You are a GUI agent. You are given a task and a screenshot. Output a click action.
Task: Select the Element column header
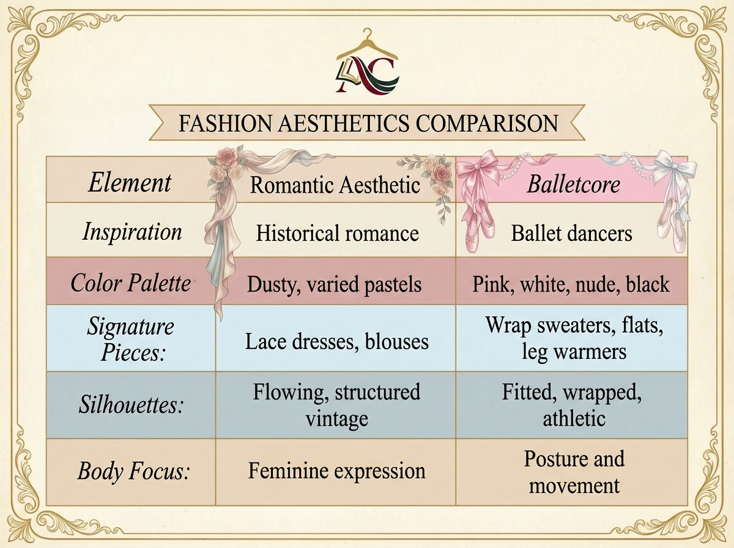point(130,183)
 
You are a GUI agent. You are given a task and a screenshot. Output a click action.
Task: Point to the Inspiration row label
point(132,232)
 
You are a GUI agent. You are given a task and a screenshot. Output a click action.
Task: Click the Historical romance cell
point(337,233)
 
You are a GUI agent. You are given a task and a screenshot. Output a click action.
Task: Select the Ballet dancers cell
point(571,233)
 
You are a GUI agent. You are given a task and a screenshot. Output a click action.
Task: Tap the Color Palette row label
point(131,283)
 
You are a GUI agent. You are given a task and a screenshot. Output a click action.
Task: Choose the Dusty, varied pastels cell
point(335,284)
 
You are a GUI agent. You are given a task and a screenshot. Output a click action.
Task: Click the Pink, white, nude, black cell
point(571,284)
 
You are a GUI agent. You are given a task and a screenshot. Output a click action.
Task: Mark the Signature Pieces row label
point(130,339)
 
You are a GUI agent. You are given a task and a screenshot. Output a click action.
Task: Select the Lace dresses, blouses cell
point(337,341)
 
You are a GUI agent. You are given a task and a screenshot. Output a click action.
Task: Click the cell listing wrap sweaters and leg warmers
point(574,338)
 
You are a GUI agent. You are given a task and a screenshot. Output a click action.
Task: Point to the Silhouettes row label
point(131,405)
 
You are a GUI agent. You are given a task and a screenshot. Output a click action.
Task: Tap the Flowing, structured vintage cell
point(337,405)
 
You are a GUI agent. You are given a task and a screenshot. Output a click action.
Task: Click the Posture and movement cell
point(574,472)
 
